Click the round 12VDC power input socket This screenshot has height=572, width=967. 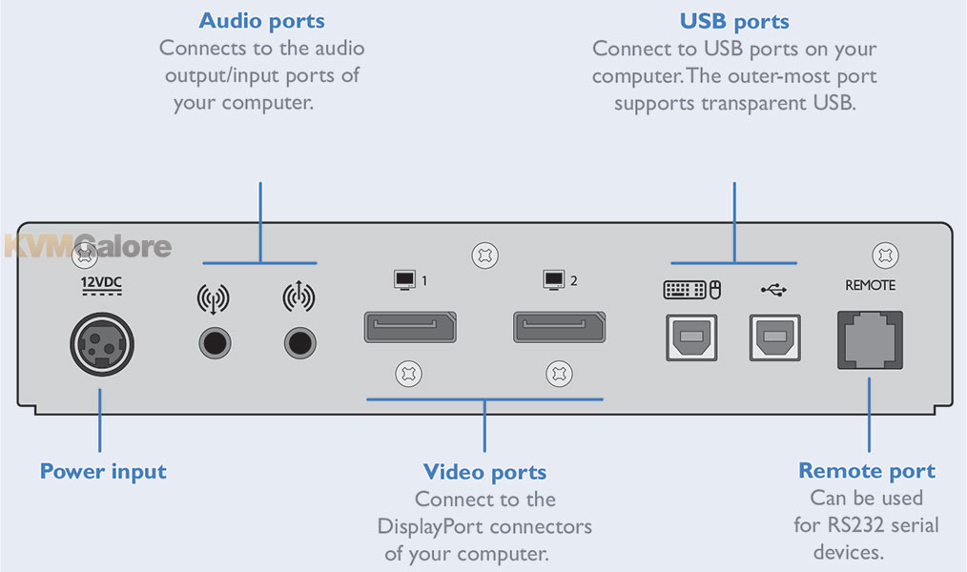pos(102,342)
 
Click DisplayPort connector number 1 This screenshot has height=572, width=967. pos(409,326)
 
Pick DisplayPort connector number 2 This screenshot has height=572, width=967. pos(560,326)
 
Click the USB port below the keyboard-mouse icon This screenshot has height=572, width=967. pos(690,337)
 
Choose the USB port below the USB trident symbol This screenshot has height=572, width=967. pos(774,337)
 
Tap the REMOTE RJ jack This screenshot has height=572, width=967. pos(870,339)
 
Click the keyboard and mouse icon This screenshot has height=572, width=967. pos(690,288)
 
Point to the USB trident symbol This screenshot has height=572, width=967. pos(774,288)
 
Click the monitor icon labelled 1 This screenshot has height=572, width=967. pos(405,279)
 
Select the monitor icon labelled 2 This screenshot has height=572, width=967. pos(553,279)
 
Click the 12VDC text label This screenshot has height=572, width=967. pos(101,283)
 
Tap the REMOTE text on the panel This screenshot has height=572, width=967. pos(870,285)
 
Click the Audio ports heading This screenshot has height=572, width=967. pos(261,21)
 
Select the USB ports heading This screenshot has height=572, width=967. pos(734,21)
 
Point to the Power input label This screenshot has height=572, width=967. pos(103,471)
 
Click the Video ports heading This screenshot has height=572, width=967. pos(484,471)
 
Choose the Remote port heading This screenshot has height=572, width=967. pos(866,470)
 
